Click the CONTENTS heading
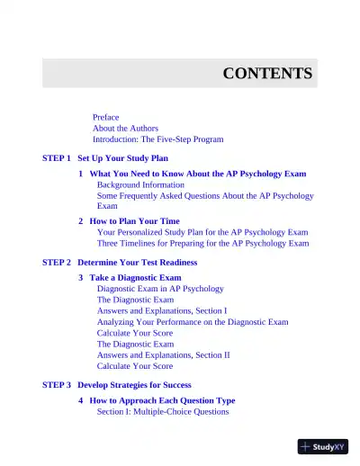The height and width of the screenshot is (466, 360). coord(267,74)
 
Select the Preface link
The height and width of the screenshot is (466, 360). coord(105,118)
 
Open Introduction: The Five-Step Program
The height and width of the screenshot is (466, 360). coord(157,139)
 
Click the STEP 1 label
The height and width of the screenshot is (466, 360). coord(56,157)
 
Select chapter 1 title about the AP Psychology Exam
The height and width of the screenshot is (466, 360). coord(197,174)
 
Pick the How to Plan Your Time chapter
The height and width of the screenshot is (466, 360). coord(134,220)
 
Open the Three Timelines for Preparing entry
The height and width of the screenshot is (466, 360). coord(202,243)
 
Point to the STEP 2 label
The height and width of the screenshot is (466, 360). coord(56,262)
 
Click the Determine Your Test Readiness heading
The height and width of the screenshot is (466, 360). coord(137,262)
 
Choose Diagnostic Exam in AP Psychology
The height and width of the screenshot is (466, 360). coord(160,289)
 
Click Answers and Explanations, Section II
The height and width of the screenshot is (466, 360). coord(163,354)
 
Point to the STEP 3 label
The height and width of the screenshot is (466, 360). coord(56,384)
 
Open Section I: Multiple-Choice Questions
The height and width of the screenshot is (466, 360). coord(162,411)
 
